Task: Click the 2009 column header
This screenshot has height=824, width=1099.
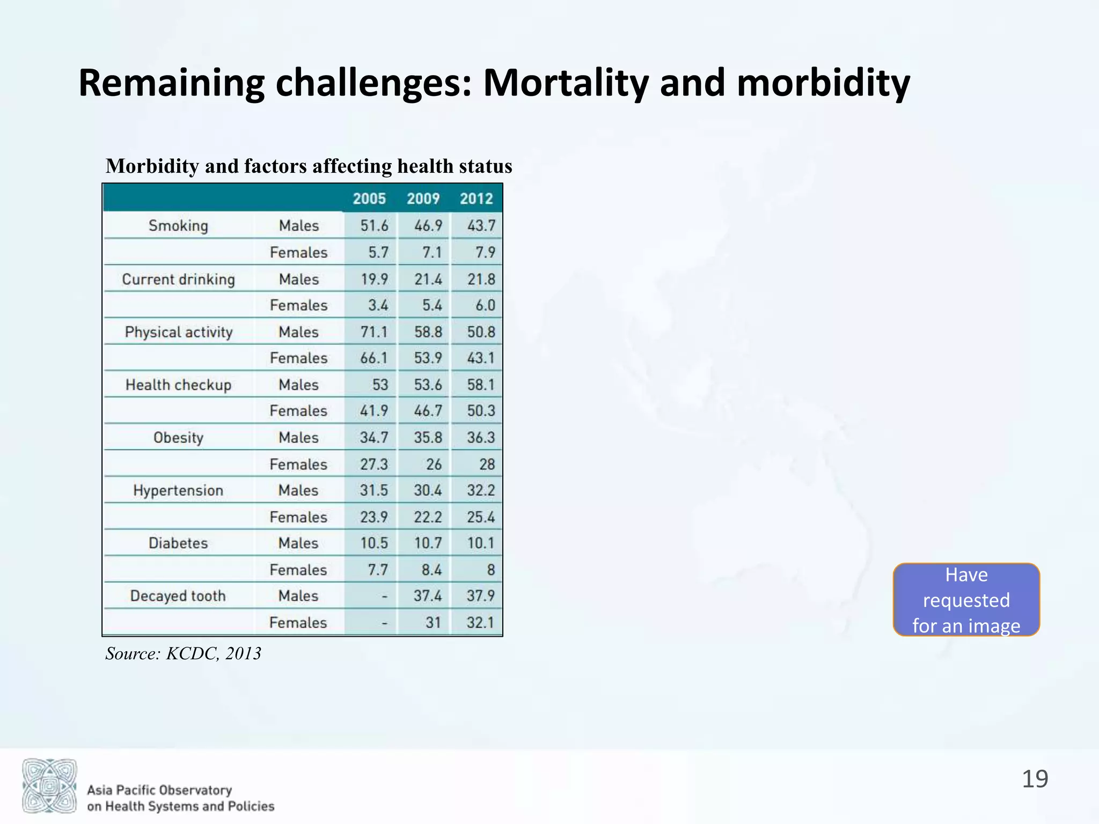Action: (x=423, y=198)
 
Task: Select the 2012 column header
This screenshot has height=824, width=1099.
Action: (x=476, y=198)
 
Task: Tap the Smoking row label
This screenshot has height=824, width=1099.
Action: (x=178, y=225)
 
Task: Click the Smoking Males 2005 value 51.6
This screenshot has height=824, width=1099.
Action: (x=374, y=225)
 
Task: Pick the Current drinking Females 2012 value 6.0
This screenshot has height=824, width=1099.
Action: (x=485, y=305)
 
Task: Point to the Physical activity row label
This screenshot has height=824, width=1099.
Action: (x=179, y=332)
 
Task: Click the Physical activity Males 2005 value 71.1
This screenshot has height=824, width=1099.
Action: (x=373, y=332)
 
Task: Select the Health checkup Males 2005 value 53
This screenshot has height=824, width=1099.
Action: (x=380, y=385)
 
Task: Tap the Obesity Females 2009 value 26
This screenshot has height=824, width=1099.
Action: (x=434, y=464)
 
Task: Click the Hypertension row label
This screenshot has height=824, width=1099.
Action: (x=178, y=490)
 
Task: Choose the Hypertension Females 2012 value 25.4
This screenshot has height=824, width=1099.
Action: (x=481, y=517)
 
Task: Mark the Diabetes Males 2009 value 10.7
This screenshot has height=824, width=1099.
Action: (x=428, y=543)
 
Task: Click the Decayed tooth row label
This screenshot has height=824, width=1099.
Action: (x=178, y=596)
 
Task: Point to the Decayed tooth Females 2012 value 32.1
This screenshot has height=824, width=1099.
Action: (x=480, y=622)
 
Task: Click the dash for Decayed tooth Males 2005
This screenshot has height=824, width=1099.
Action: (x=384, y=597)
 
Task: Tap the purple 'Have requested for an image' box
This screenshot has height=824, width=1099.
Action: (x=966, y=600)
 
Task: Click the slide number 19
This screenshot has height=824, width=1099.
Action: (x=1035, y=779)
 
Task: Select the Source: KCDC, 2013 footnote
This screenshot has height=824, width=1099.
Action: (x=184, y=653)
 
